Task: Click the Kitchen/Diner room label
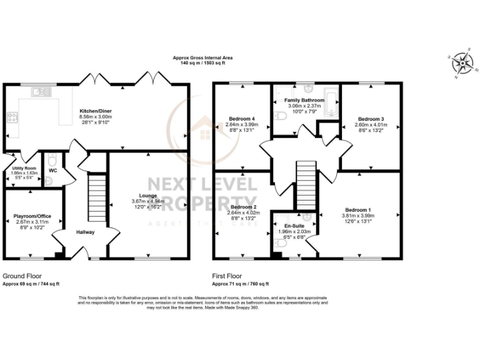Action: click(x=96, y=110)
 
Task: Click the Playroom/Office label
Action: click(x=32, y=216)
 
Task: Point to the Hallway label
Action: click(x=86, y=232)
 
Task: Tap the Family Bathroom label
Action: click(x=304, y=100)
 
